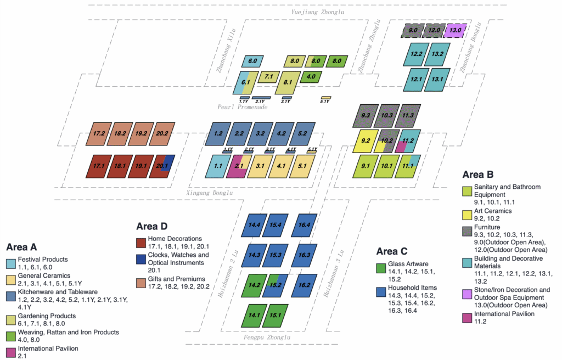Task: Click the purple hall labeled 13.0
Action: (x=456, y=30)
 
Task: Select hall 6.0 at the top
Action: (x=252, y=61)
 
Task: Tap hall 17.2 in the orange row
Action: (x=99, y=133)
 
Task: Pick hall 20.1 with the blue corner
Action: (x=162, y=165)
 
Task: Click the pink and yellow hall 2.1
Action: (x=239, y=165)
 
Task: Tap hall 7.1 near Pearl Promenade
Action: (x=269, y=77)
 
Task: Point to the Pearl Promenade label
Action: (x=242, y=107)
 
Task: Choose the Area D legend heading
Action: (x=151, y=226)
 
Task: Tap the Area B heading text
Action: (x=478, y=175)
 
